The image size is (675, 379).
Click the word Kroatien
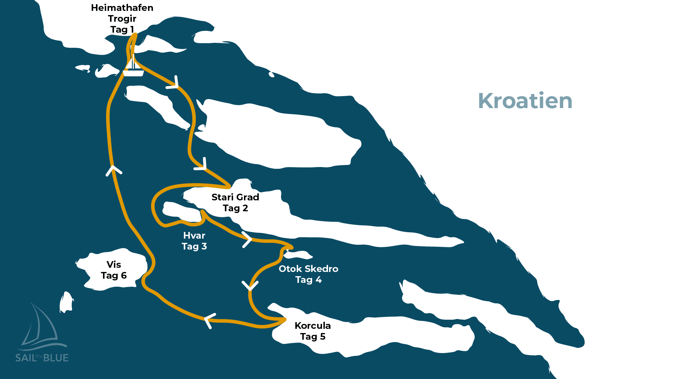click(x=525, y=101)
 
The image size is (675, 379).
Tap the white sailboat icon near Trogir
click(x=133, y=68)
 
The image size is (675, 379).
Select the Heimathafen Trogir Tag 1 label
click(x=122, y=19)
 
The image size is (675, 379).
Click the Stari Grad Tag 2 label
click(x=235, y=202)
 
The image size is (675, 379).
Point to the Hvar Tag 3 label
click(x=194, y=241)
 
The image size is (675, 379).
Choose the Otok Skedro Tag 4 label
click(x=308, y=274)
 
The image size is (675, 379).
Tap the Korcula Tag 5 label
click(x=313, y=331)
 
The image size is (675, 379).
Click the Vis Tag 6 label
click(x=114, y=270)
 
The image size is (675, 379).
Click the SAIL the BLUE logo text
click(x=42, y=358)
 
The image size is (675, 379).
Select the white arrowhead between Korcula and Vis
click(x=209, y=320)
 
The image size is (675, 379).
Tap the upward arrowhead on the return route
click(x=114, y=170)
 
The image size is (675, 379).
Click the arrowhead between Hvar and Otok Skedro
click(x=247, y=240)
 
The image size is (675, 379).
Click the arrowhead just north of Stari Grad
click(x=202, y=165)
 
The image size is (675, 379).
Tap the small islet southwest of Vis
click(x=66, y=302)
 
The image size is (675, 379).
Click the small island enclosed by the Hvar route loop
click(x=180, y=211)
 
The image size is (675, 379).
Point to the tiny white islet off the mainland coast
click(x=271, y=74)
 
